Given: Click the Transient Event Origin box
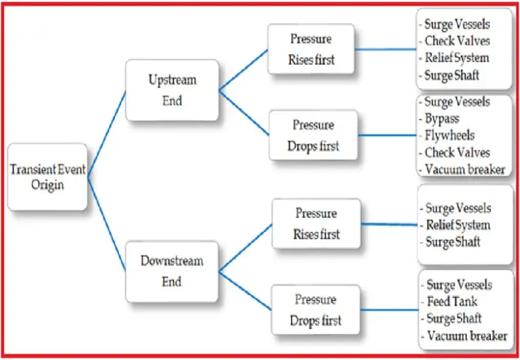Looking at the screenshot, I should (x=47, y=177).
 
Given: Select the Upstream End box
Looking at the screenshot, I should (x=172, y=89).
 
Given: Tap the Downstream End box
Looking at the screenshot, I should (x=172, y=270).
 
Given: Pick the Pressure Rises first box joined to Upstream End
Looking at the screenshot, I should (x=311, y=49).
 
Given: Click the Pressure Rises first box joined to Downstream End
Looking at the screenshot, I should (x=316, y=224).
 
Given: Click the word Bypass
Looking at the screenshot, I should (x=443, y=119).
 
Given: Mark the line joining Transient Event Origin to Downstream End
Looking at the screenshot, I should (x=107, y=227).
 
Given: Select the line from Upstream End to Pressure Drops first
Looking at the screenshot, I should (x=244, y=114).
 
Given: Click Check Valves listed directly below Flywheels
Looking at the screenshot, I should (x=457, y=152).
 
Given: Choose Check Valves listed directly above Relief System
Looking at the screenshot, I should (x=457, y=41).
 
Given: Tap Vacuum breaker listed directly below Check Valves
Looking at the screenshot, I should (x=464, y=169).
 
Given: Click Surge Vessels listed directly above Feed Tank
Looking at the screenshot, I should (x=459, y=285).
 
